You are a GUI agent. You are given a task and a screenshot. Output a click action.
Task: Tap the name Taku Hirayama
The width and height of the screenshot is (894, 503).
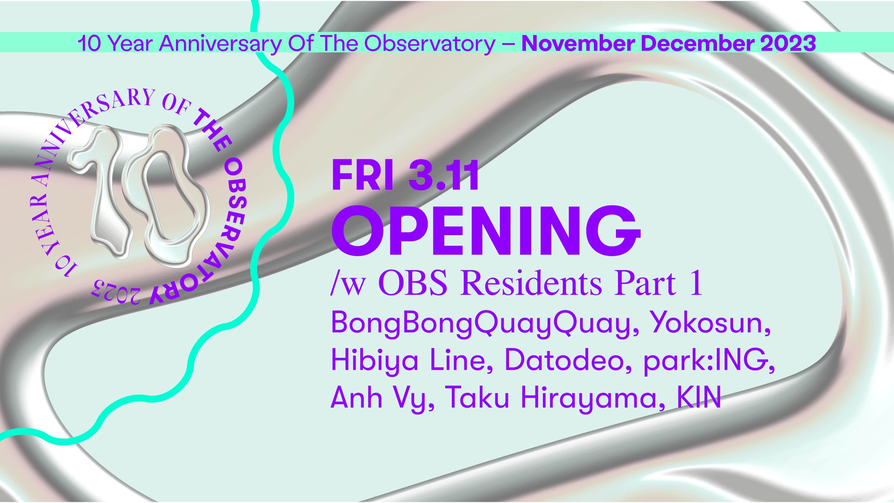coord(556,398)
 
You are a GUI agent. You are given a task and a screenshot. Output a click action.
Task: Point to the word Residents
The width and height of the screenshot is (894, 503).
coord(531,283)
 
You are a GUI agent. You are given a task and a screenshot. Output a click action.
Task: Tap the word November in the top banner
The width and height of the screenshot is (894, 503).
coord(578,43)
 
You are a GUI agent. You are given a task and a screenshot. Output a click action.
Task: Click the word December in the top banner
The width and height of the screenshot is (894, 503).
coord(697,43)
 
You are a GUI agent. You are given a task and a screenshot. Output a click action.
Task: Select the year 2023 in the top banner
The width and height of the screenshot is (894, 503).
coord(788,43)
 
